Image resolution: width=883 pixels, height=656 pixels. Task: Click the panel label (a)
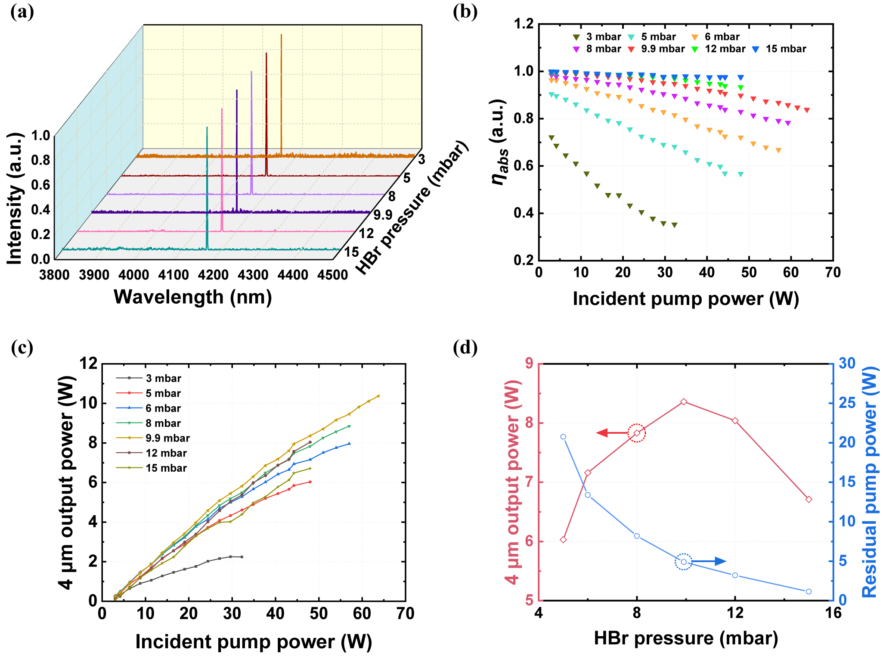[x=22, y=12]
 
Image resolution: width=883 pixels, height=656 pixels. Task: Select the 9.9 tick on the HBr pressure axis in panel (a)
[x=383, y=215]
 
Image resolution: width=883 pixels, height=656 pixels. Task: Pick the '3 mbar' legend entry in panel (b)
[x=597, y=37]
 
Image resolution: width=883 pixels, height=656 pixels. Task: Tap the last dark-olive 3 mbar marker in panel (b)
[x=675, y=225]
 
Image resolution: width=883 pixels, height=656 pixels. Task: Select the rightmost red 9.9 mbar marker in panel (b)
[x=807, y=110]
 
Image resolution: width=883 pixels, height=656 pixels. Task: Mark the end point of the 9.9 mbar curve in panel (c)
[x=378, y=396]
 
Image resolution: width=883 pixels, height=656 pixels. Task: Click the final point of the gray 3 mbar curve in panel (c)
[x=242, y=557]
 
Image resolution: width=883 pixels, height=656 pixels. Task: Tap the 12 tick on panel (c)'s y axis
[x=89, y=364]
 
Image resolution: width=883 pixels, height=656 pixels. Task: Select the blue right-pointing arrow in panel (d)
[x=710, y=561]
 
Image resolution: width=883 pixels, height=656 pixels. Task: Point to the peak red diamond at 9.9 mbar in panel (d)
[x=684, y=402]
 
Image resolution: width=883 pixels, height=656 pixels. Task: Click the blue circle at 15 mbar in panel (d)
[x=809, y=591]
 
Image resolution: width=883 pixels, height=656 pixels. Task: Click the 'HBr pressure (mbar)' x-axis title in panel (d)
[x=686, y=638]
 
